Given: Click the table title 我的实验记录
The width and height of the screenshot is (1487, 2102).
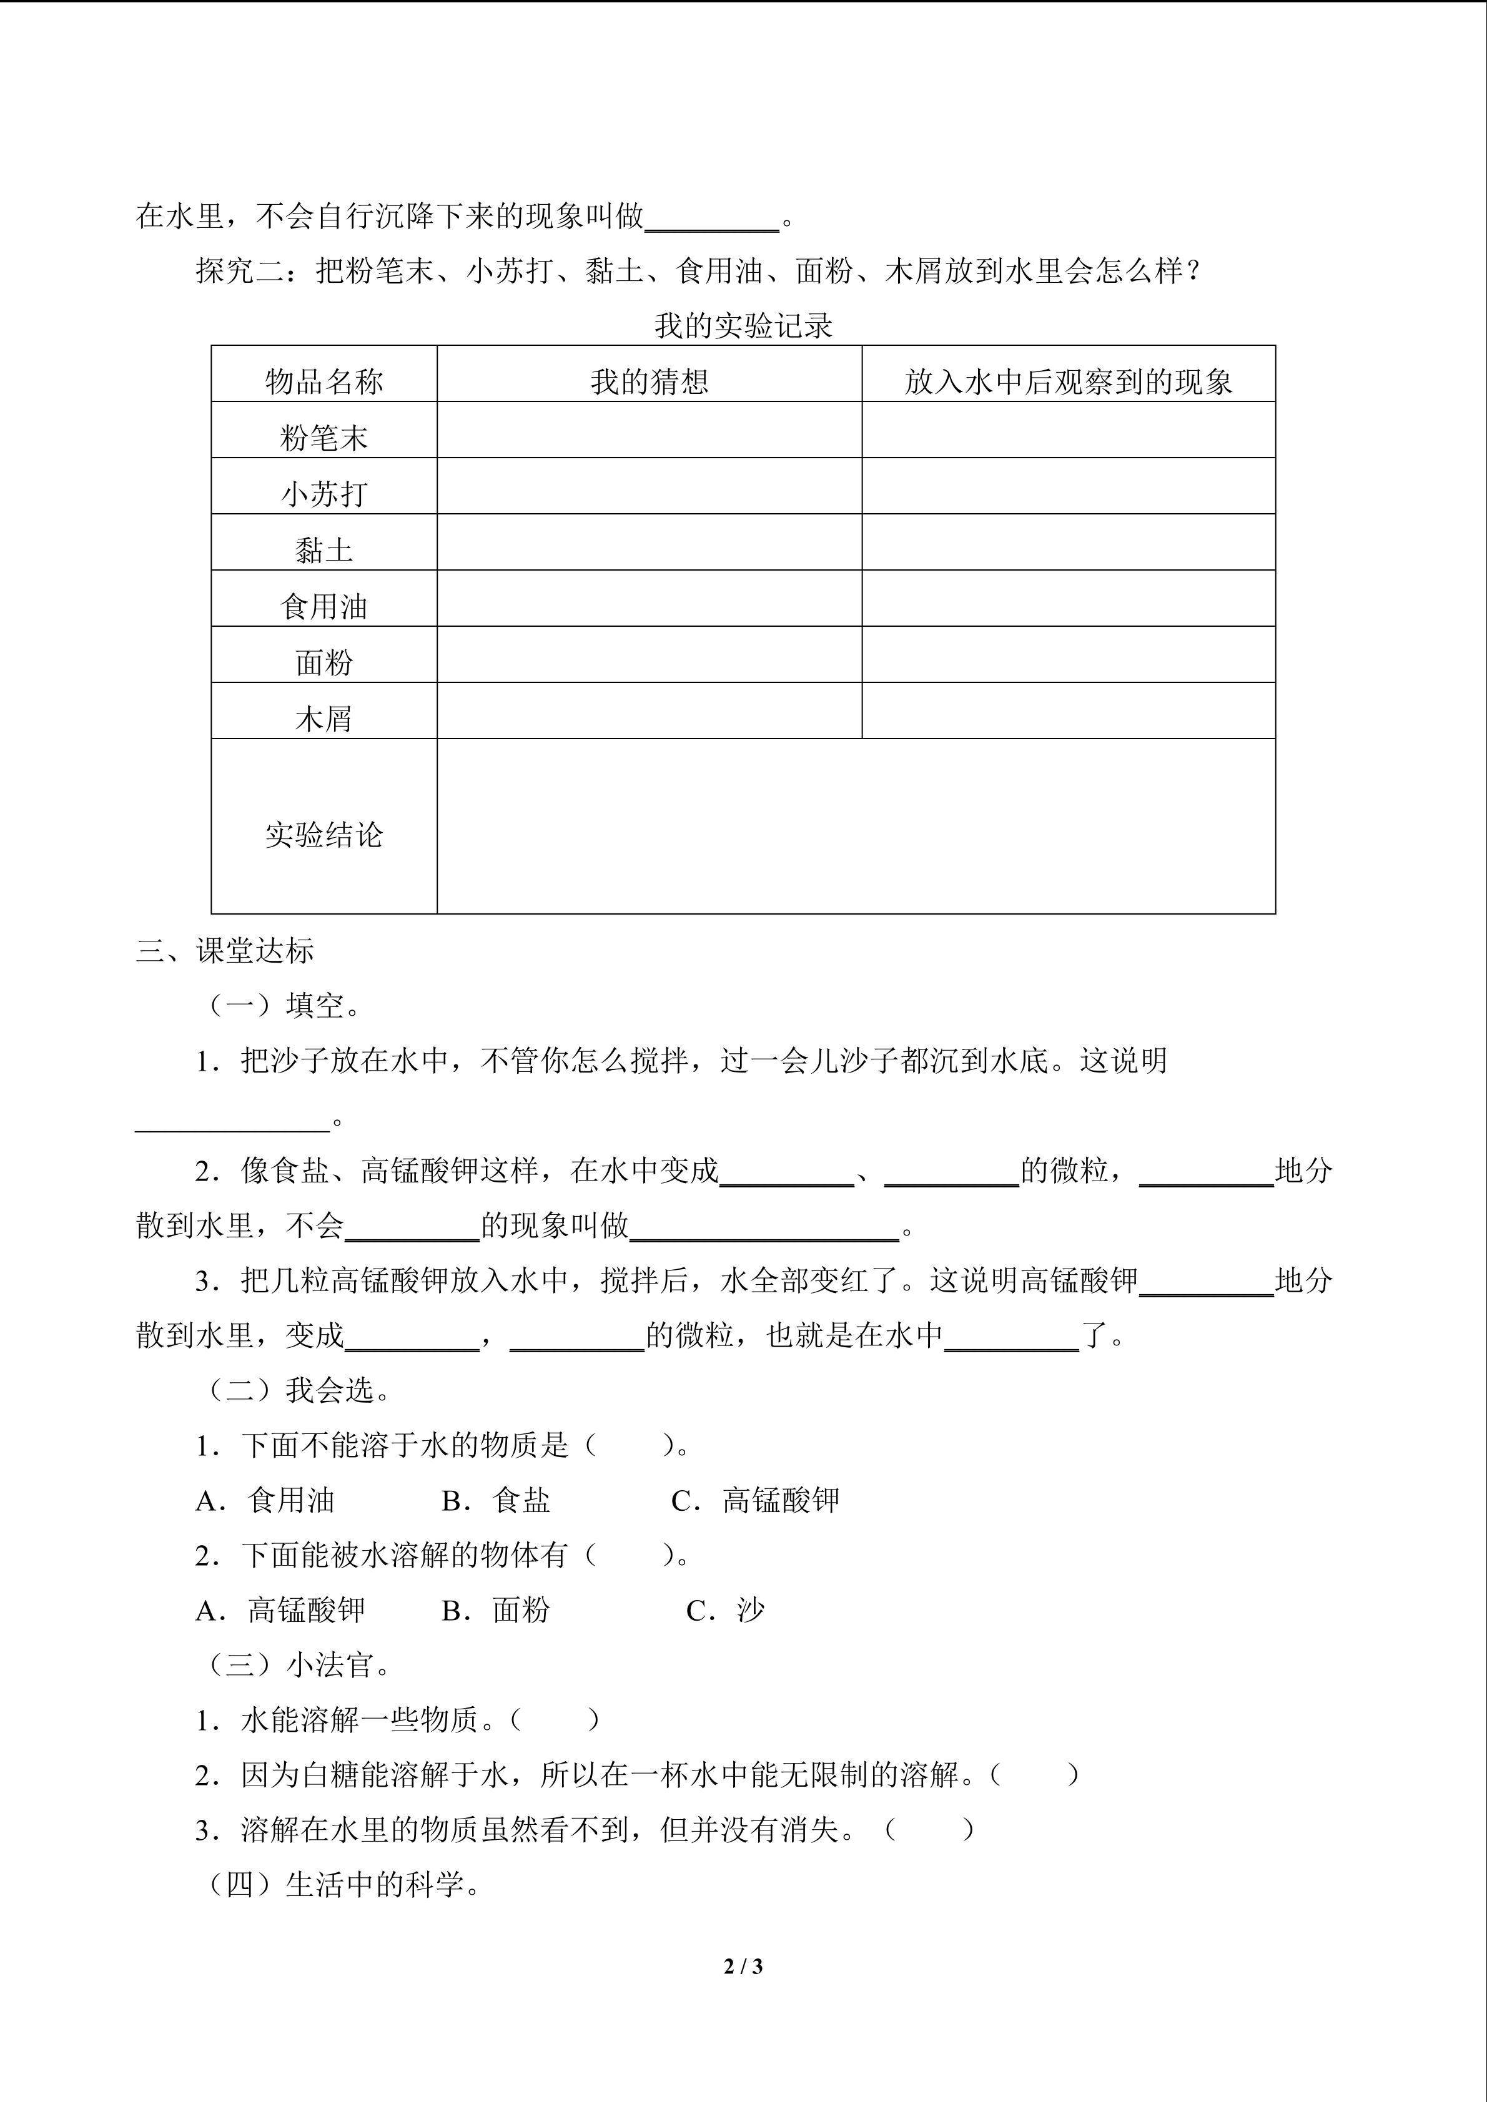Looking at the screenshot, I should tap(743, 326).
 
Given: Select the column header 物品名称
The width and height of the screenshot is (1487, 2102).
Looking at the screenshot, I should tap(324, 382).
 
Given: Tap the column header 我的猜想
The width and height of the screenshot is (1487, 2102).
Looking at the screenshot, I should tap(649, 382).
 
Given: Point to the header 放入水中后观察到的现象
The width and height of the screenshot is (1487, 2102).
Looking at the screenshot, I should tap(1069, 382).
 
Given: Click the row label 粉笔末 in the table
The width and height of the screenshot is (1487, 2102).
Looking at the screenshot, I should tap(324, 438).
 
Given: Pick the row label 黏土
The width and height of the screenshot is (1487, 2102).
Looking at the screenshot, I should tap(324, 550).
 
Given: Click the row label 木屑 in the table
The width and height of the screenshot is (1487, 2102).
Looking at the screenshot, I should tap(324, 719).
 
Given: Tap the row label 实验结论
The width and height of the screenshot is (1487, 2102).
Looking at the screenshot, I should tap(324, 834).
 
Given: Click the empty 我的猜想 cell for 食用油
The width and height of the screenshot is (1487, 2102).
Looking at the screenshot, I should tap(649, 599).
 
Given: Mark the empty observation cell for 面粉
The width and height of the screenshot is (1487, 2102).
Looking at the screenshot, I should tap(1069, 655).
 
